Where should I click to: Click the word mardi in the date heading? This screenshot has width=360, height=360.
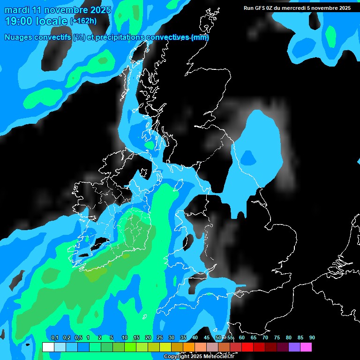[15, 10]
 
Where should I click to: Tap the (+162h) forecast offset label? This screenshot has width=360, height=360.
[83, 21]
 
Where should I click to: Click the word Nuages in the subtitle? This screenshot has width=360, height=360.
[18, 37]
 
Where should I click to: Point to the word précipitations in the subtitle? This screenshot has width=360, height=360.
[120, 37]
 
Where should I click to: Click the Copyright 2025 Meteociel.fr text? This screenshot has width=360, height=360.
[199, 357]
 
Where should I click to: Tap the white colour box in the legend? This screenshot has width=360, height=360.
[48, 347]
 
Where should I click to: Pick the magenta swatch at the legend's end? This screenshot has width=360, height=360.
[306, 347]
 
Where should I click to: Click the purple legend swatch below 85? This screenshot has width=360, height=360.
[294, 347]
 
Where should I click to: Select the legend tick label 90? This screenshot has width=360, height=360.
[312, 338]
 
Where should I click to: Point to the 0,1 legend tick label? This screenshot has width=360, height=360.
[54, 338]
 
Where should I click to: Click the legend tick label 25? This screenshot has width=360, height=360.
[159, 338]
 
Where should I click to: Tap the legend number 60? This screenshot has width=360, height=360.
[242, 338]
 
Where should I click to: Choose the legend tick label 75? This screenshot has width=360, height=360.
[277, 338]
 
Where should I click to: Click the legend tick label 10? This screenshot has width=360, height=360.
[124, 338]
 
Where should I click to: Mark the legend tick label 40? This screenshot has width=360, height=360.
[195, 338]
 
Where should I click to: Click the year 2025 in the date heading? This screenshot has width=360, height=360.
[100, 10]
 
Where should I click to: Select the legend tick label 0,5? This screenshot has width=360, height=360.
[78, 338]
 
